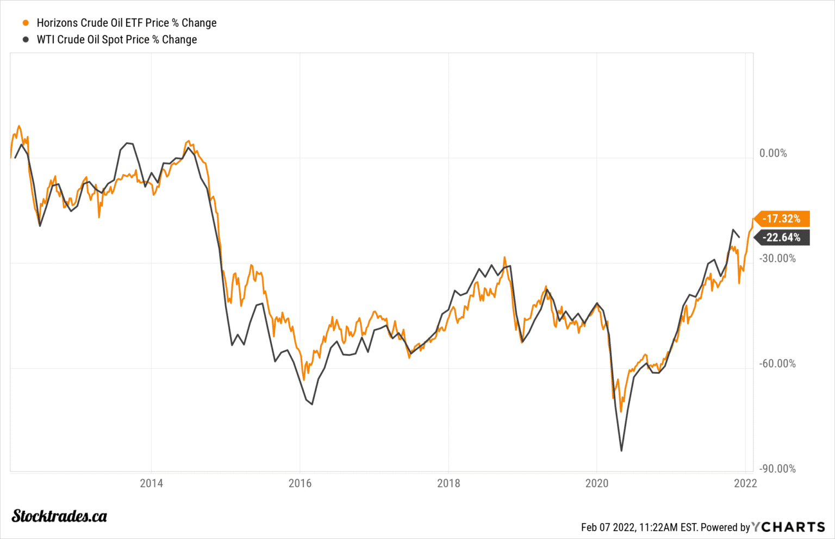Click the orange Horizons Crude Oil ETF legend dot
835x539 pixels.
pos(26,23)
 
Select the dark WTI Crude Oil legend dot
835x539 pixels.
pos(26,40)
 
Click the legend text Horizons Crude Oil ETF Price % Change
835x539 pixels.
pos(126,23)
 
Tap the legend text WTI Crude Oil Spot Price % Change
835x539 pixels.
pos(116,40)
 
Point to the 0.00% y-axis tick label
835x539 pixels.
pos(773,153)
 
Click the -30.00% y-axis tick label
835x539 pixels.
pos(777,258)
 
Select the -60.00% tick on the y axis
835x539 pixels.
pos(777,363)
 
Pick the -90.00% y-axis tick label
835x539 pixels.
pos(777,469)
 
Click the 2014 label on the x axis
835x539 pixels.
pos(151,483)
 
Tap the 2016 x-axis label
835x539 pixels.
pos(300,483)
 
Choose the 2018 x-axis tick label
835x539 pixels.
pos(448,483)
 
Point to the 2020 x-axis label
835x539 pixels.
pos(597,483)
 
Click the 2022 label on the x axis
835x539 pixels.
pos(745,483)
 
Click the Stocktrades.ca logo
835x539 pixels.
pos(59,516)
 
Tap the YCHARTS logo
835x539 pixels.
pos(789,527)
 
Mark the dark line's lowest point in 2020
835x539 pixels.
pos(621,450)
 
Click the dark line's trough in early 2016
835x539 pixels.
pos(312,404)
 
